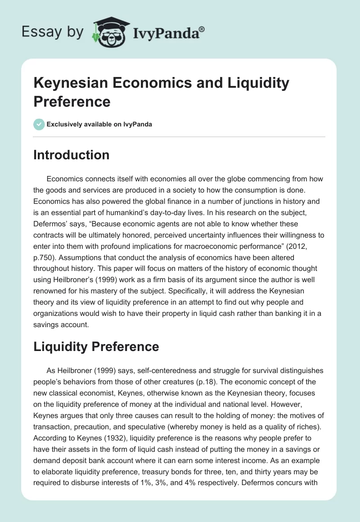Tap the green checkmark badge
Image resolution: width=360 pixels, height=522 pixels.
click(39, 124)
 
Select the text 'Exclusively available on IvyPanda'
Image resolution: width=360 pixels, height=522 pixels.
click(99, 124)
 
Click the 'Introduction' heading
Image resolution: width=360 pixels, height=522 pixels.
click(72, 155)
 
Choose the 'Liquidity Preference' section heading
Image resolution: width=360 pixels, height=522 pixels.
click(96, 346)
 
